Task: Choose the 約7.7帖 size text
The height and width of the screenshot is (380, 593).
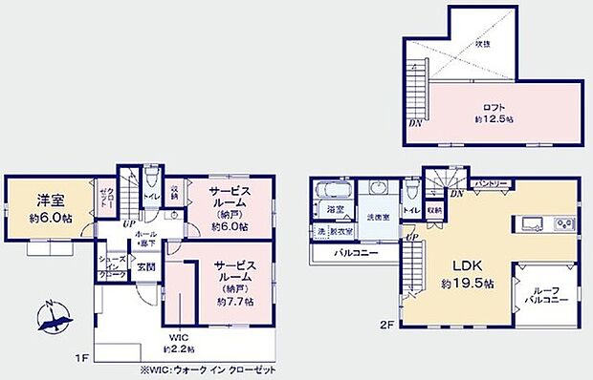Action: (233, 301)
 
